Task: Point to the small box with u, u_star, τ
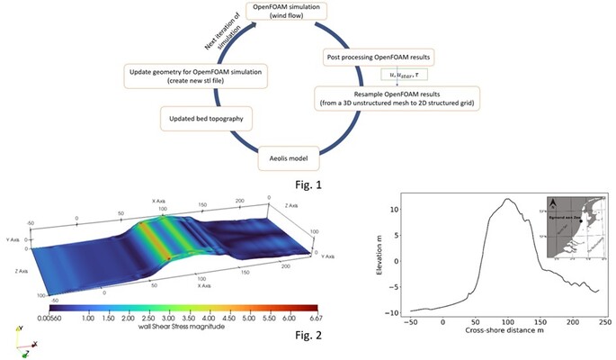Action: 398,75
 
